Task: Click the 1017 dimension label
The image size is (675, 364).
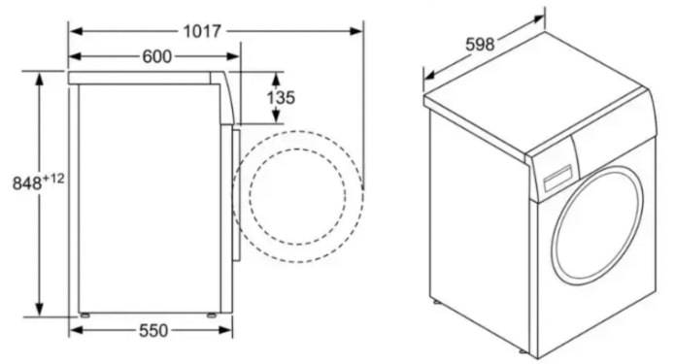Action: [202, 31]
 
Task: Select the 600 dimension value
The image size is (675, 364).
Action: [156, 56]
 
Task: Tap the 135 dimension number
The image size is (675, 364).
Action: [281, 98]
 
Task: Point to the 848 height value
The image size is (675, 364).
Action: [27, 183]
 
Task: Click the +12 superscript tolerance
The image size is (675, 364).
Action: [53, 179]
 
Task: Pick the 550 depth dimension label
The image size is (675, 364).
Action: [153, 330]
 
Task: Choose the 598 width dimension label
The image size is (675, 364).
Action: [480, 44]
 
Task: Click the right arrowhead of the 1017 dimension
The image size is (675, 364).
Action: [356, 31]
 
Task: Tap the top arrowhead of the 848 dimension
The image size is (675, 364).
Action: [40, 80]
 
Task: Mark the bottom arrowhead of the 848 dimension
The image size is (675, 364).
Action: [40, 309]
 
